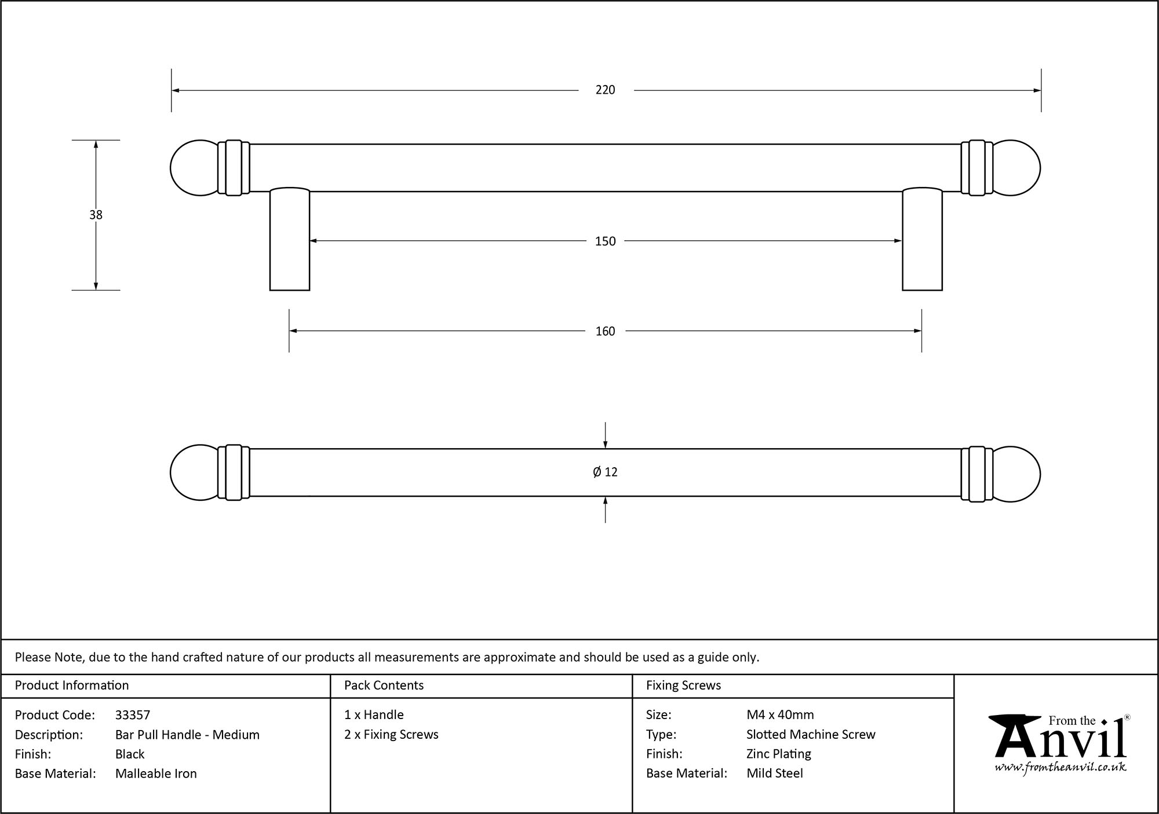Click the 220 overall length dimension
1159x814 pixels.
click(x=605, y=90)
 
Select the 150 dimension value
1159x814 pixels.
click(x=605, y=241)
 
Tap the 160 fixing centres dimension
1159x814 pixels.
click(x=605, y=331)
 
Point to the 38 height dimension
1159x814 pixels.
click(x=96, y=215)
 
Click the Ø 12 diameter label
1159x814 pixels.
click(x=605, y=472)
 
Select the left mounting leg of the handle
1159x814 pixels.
click(x=290, y=240)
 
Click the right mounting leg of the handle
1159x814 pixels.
click(x=922, y=240)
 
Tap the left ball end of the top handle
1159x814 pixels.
click(x=194, y=168)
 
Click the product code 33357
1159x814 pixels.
click(x=133, y=715)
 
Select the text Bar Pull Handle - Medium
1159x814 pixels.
click(x=187, y=735)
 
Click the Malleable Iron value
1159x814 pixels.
click(x=156, y=773)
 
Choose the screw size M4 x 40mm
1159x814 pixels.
click(x=780, y=715)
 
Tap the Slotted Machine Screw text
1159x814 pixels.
click(x=811, y=735)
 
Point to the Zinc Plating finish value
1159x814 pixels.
click(x=778, y=754)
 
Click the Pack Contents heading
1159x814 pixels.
click(x=384, y=685)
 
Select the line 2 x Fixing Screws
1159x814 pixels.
click(x=391, y=735)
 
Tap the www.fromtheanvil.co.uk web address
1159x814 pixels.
click(x=1060, y=767)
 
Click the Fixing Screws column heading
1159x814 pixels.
click(x=683, y=685)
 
